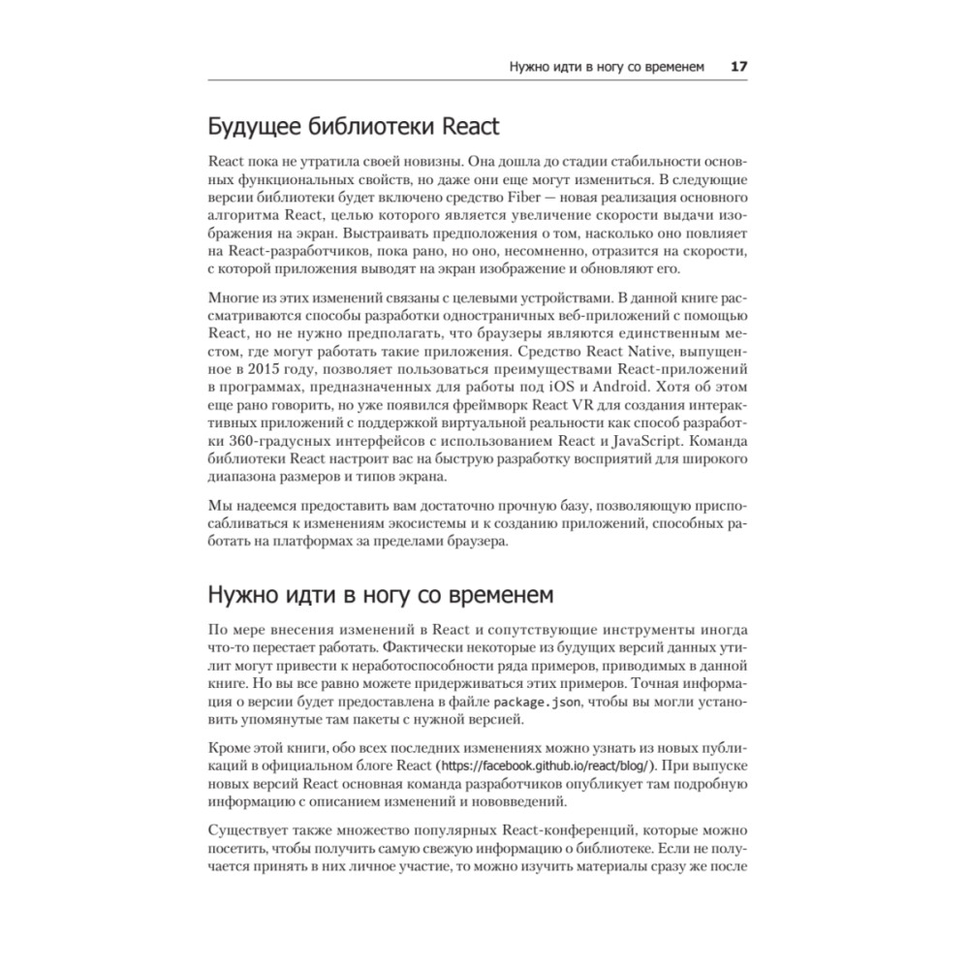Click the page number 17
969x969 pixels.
(x=738, y=67)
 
